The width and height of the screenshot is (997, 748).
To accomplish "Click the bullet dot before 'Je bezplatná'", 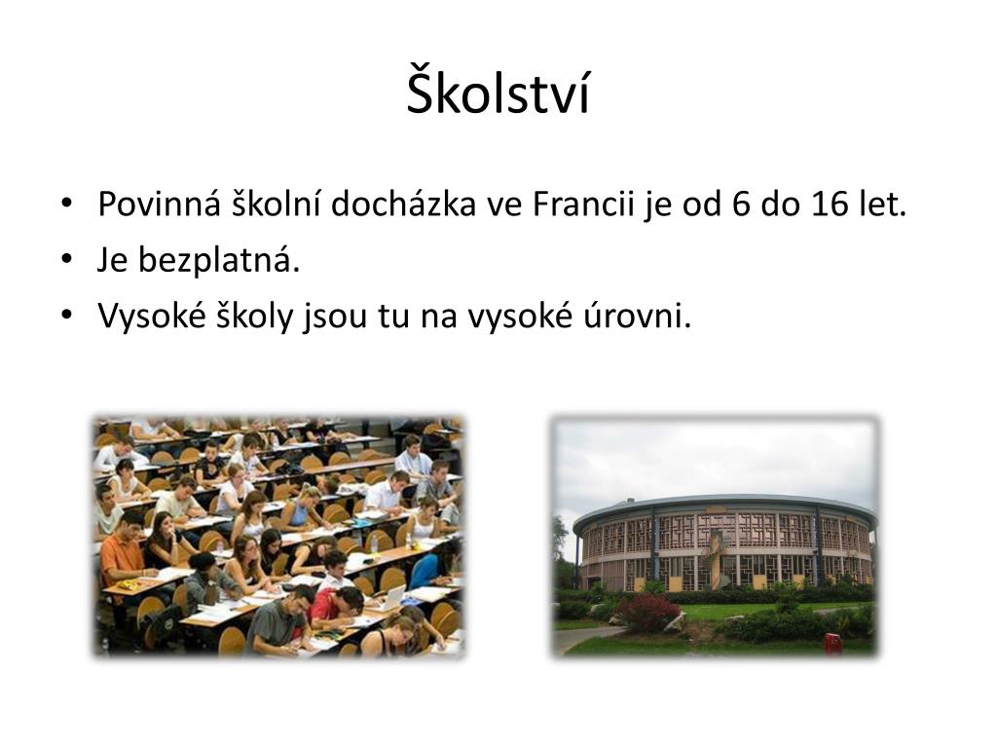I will pos(65,260).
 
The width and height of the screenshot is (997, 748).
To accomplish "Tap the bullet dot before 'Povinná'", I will pos(65,206).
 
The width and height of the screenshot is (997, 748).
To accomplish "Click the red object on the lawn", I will pos(831,644).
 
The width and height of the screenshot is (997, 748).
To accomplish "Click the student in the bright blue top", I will pos(425,570).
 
